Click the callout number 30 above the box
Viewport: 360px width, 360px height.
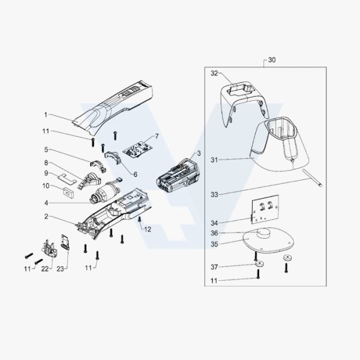[272, 60]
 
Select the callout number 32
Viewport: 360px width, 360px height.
[214, 73]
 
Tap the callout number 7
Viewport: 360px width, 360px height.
[157, 136]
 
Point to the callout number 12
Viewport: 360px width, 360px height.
[148, 229]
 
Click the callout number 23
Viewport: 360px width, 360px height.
[60, 269]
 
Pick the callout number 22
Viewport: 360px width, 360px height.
[45, 269]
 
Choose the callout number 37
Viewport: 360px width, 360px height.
[214, 267]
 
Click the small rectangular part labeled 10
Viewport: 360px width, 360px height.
[68, 191]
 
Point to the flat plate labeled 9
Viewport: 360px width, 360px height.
[67, 179]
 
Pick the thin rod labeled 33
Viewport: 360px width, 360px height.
[313, 178]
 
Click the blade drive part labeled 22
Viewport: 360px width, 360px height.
[49, 249]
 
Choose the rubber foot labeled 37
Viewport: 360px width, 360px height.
[259, 264]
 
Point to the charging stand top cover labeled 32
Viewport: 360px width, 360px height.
[243, 100]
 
